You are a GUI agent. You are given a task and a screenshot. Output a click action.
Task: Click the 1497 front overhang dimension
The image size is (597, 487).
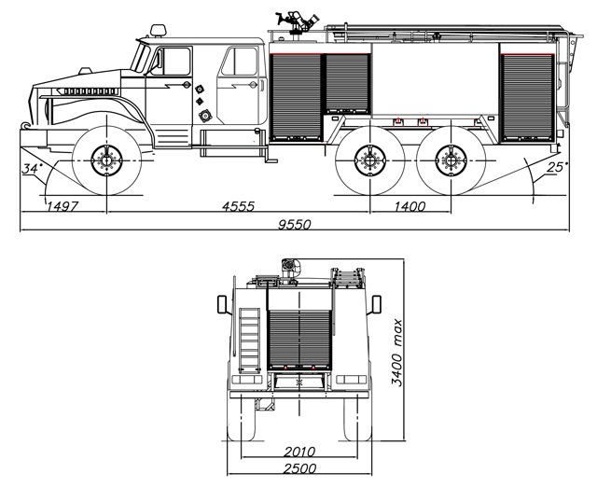pyautogui.click(x=62, y=206)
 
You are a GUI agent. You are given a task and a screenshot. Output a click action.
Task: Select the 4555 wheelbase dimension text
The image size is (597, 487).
pyautogui.click(x=239, y=206)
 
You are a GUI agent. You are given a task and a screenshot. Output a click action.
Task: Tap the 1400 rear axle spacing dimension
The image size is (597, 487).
pyautogui.click(x=410, y=206)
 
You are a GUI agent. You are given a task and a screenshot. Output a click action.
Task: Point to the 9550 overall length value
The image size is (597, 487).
pyautogui.click(x=295, y=225)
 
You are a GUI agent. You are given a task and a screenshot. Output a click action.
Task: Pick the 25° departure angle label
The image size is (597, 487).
pyautogui.click(x=558, y=167)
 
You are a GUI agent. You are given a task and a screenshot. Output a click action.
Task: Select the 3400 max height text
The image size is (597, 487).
pyautogui.click(x=396, y=353)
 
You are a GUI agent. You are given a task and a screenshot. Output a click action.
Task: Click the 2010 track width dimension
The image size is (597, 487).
pyautogui.click(x=299, y=452)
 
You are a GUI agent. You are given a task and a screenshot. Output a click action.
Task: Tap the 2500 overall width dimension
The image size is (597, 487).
pyautogui.click(x=299, y=468)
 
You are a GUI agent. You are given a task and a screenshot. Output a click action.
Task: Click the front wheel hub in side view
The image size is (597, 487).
pyautogui.click(x=106, y=160)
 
